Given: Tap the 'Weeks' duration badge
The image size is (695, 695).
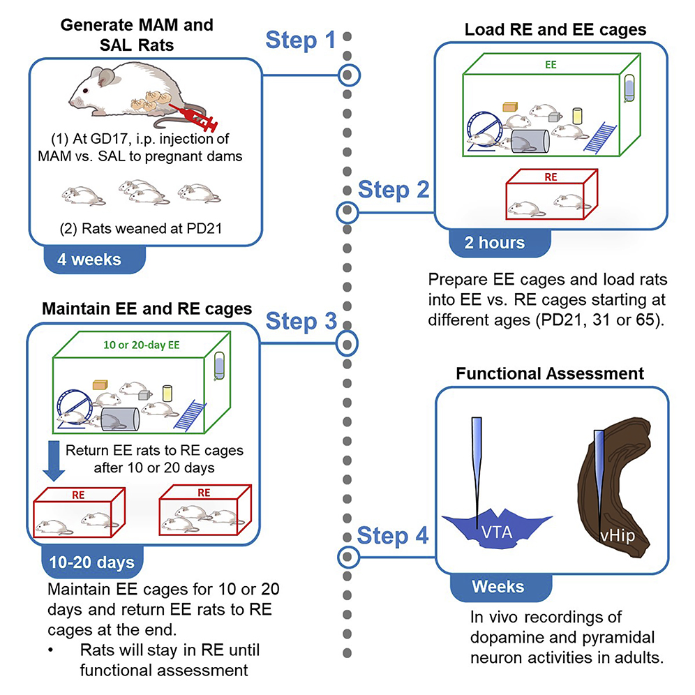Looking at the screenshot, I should pyautogui.click(x=498, y=586).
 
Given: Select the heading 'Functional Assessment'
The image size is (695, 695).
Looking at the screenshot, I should pyautogui.click(x=550, y=374).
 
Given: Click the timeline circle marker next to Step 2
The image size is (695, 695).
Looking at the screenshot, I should pyautogui.click(x=347, y=211).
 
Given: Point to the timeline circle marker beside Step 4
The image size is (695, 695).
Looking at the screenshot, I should pyautogui.click(x=347, y=556).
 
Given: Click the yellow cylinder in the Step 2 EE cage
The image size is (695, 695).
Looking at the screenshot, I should pyautogui.click(x=577, y=116).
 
